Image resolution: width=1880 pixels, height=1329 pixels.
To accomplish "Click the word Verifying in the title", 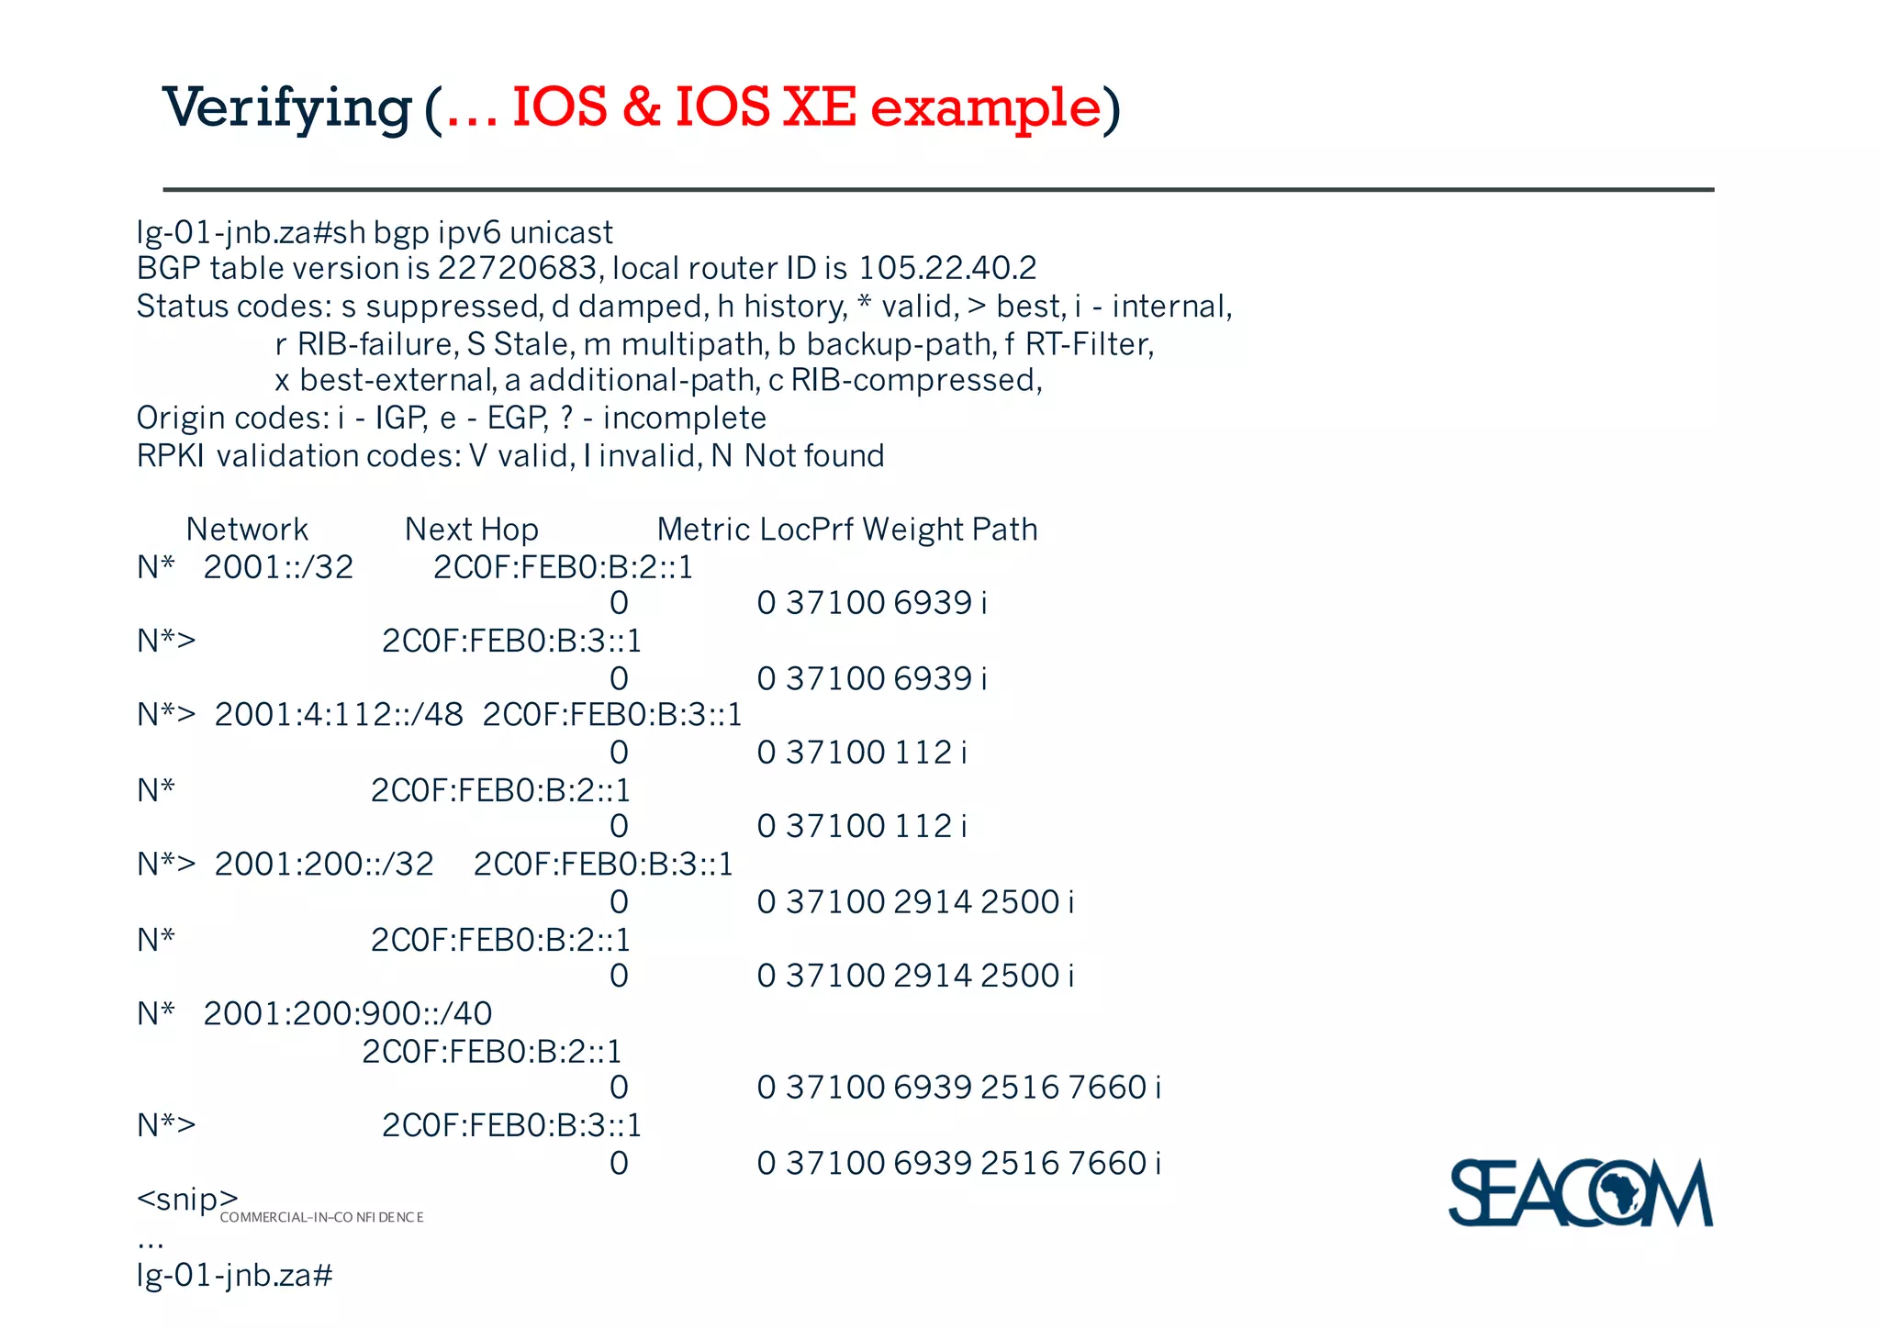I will tap(286, 108).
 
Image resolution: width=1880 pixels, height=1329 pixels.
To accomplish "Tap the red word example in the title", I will tap(985, 108).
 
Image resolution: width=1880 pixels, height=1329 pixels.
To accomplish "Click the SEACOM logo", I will tap(1580, 1192).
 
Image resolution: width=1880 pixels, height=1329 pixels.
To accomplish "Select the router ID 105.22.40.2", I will tap(947, 268).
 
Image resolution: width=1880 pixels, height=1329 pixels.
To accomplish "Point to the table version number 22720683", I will tap(518, 268).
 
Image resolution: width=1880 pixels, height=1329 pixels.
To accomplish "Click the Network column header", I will tap(247, 530).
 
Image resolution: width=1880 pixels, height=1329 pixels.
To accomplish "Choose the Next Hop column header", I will tap(471, 530).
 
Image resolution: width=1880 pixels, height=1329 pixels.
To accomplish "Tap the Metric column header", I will tap(703, 530).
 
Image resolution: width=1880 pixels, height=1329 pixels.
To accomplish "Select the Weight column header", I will tap(911, 530).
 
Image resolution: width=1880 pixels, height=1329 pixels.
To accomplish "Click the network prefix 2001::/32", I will tap(278, 567).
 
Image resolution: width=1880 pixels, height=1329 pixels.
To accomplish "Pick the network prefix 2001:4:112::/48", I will tap(339, 715).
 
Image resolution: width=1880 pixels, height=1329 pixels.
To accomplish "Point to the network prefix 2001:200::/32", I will tap(324, 865).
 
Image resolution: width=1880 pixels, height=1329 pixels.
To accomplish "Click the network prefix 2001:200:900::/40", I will tap(348, 1013).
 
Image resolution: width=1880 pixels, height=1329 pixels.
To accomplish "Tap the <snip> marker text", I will tap(187, 1199).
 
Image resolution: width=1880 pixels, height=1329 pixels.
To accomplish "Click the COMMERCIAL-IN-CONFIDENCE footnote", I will tap(321, 1218).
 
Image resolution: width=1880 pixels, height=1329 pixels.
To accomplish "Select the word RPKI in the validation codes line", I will tap(170, 456).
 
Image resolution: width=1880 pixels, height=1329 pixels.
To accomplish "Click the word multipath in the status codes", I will tap(694, 344).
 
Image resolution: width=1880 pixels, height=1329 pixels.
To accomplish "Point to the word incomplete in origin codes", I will tap(684, 419).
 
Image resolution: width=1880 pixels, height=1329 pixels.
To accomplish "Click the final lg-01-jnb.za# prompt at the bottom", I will tap(234, 1275).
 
